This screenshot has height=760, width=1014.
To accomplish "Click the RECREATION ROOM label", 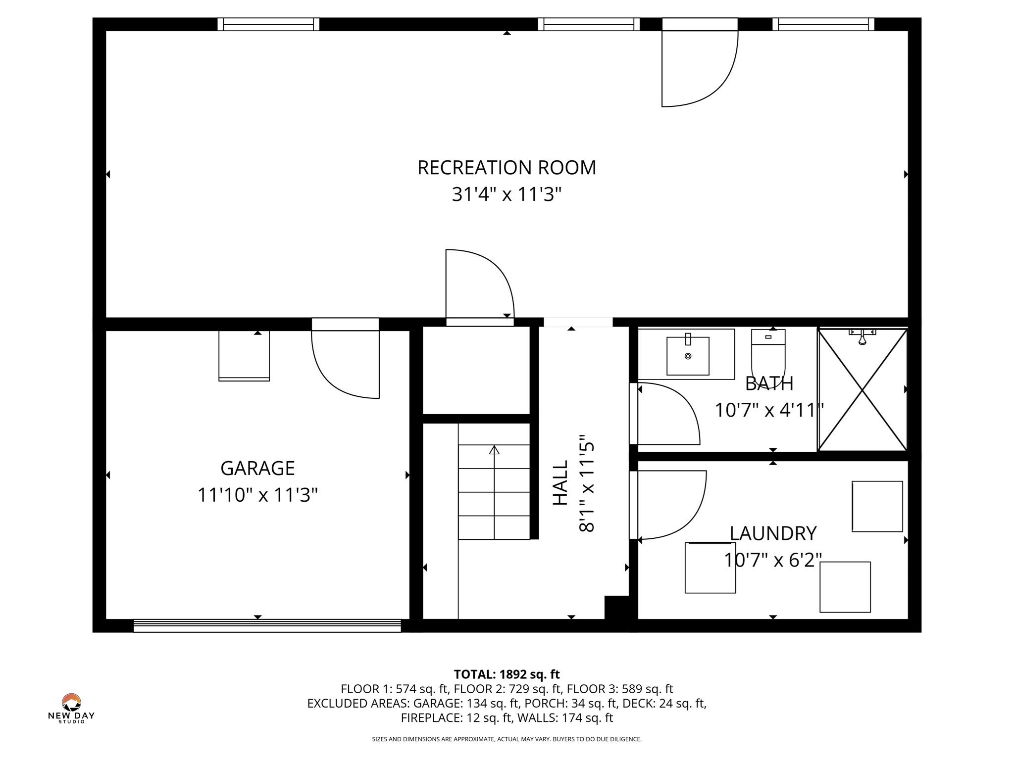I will (507, 168).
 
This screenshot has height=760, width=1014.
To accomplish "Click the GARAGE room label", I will (257, 468).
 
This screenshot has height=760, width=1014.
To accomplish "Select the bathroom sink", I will (688, 356).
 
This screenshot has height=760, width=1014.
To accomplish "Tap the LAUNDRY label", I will (773, 533).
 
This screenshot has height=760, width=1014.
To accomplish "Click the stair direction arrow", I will (494, 450).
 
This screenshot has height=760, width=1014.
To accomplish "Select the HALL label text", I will (560, 483).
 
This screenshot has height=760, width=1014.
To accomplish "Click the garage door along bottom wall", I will (267, 625).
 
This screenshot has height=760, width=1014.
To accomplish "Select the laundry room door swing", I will (671, 505).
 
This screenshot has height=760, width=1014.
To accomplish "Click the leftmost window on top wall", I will (268, 24).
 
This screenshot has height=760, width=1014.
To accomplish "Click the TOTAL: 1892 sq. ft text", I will (507, 674).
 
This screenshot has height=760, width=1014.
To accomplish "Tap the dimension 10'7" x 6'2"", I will (773, 560).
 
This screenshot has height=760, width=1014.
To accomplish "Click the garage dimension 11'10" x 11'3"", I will (257, 495).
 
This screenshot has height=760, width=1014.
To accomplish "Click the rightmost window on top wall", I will (823, 24).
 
